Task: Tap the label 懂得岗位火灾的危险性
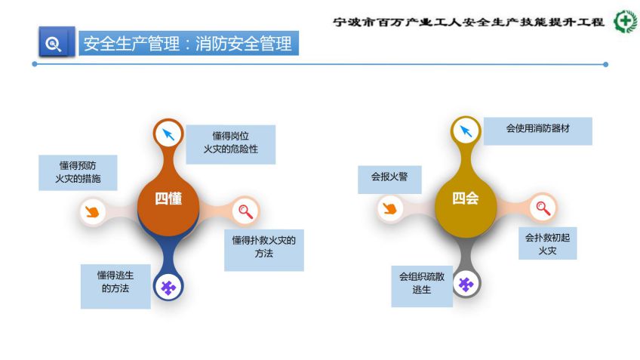pos(231,144)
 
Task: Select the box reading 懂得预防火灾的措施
pos(78,173)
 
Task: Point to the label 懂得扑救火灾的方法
pos(264,251)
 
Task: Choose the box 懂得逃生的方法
pos(115,286)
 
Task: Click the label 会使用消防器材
pos(538,131)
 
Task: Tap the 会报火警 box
pos(389,180)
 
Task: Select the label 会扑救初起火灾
pos(548,243)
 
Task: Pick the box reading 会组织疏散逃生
pos(422,286)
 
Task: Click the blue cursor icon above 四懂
pos(168,134)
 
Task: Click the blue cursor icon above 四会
pos(466,131)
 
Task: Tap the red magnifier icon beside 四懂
pos(246,211)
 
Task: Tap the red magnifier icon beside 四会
pos(543,208)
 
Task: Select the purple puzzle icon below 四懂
pos(168,288)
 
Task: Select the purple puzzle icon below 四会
pos(466,285)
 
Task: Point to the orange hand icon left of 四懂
pos(92,211)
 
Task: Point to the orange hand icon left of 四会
pos(389,208)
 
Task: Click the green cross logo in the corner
pos(626,21)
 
